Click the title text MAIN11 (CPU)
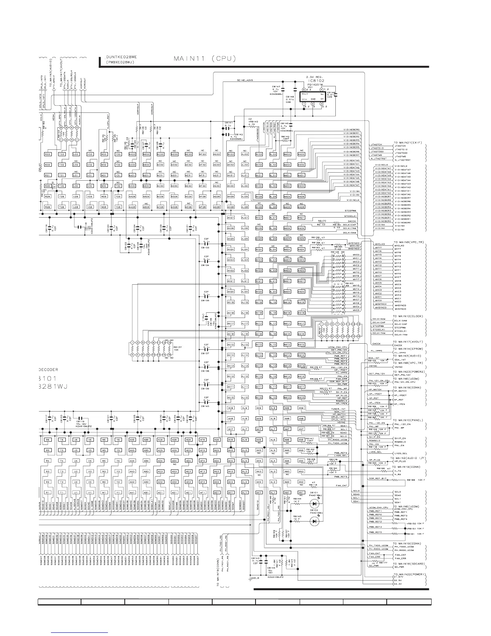(204, 58)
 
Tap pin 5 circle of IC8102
(304, 90)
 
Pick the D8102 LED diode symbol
(315, 521)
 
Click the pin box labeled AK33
(259, 154)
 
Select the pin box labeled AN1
(301, 493)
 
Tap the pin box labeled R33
(47, 154)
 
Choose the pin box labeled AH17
(231, 323)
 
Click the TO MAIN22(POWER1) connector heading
(409, 575)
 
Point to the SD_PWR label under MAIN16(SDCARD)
(399, 567)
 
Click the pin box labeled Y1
(118, 493)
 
